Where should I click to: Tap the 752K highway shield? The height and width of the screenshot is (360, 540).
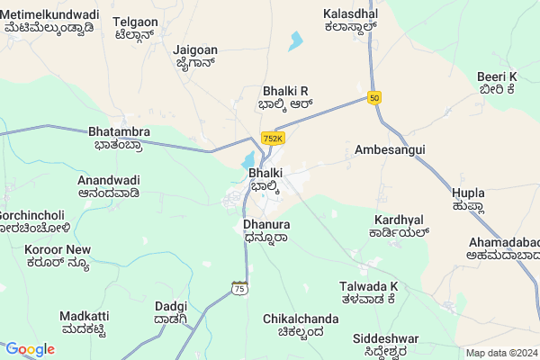pos(273,139)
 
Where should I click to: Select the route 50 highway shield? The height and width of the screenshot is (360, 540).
pos(373,97)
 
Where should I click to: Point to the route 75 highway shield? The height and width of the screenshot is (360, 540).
pos(238,287)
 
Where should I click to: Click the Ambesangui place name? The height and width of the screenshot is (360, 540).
pos(389,148)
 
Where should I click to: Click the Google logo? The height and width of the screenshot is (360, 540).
pos(30,349)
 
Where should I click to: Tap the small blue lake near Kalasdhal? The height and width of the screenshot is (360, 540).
pos(295,41)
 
